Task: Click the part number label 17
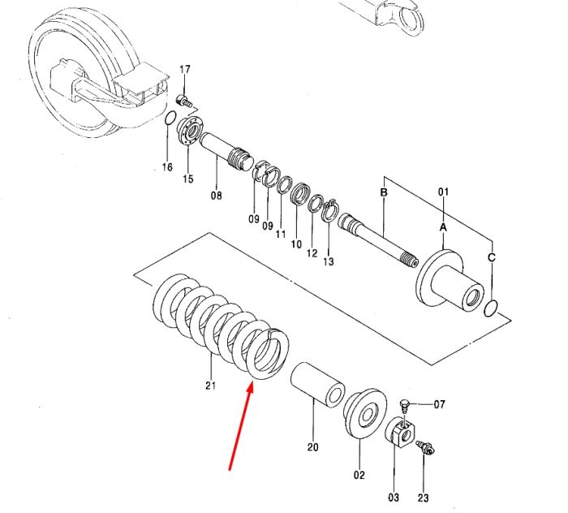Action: [185, 69]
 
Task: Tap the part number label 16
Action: [167, 167]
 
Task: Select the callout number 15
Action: [188, 179]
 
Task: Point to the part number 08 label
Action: [217, 196]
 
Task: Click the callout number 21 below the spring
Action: [210, 386]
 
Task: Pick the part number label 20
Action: [313, 447]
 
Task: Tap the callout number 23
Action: [423, 498]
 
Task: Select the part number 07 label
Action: [440, 404]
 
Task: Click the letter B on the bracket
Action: [384, 192]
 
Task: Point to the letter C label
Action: [491, 257]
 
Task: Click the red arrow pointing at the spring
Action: [240, 428]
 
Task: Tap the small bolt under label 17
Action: [183, 101]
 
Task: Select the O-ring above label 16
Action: [170, 119]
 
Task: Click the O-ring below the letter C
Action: [491, 308]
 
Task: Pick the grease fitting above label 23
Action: [426, 447]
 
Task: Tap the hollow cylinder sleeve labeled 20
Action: [318, 385]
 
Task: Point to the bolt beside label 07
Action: [405, 406]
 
